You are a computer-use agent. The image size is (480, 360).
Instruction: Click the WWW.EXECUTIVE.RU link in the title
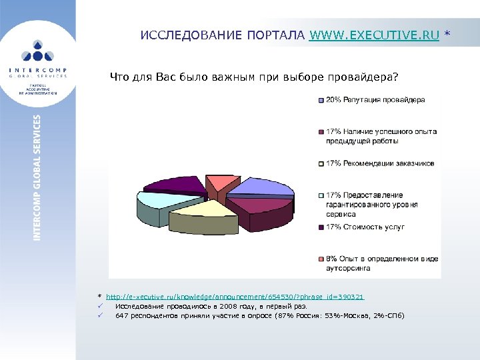coord(374,35)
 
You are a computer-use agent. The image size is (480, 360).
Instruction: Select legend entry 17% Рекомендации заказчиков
coord(380,163)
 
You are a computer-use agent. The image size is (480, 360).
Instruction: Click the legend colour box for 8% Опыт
coord(321,259)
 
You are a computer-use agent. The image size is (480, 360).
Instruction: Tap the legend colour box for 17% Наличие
coord(321,132)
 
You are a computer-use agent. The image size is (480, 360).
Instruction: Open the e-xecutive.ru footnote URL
coord(235,296)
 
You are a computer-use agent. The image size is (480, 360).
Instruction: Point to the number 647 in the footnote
coord(122,315)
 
